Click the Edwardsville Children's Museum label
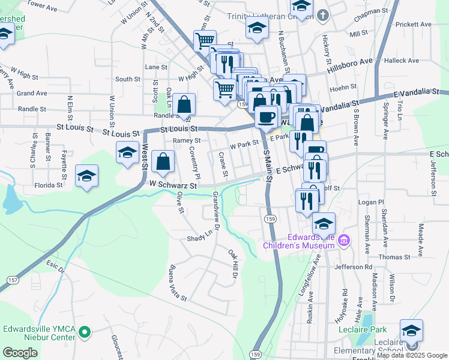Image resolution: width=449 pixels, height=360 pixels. click(298, 241)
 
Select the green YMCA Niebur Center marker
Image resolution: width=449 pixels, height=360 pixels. click(85, 332)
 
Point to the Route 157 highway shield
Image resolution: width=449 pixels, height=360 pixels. click(12, 280)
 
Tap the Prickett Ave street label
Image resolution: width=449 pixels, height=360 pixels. click(414, 25)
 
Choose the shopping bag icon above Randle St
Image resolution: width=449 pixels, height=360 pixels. click(186, 103)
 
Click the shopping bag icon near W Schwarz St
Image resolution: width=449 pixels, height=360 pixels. click(163, 160)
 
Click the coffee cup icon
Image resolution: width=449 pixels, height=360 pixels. click(267, 115)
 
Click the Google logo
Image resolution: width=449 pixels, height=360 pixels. click(20, 352)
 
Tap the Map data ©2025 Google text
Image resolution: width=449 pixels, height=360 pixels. click(411, 355)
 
